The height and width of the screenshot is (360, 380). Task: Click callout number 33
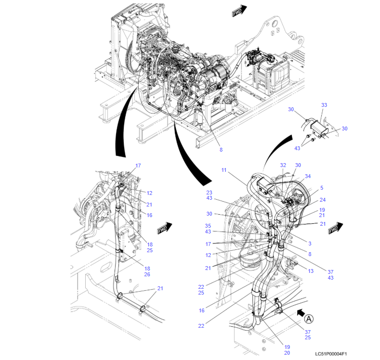[324, 105]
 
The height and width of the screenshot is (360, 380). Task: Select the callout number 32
[283, 165]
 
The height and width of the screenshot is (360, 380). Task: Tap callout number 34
[308, 177]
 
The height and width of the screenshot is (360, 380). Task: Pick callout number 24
[322, 200]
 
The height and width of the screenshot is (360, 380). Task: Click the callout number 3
[310, 244]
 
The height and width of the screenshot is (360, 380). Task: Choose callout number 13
[311, 271]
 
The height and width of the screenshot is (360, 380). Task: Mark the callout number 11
[224, 170]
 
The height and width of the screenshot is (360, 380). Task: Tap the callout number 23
[209, 193]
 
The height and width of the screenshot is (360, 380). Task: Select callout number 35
[208, 226]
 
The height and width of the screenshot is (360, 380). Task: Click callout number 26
[147, 274]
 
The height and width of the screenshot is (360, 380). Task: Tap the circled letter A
[310, 318]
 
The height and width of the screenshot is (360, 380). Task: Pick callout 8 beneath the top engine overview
[221, 150]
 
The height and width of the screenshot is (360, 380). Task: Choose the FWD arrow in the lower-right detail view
[336, 228]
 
